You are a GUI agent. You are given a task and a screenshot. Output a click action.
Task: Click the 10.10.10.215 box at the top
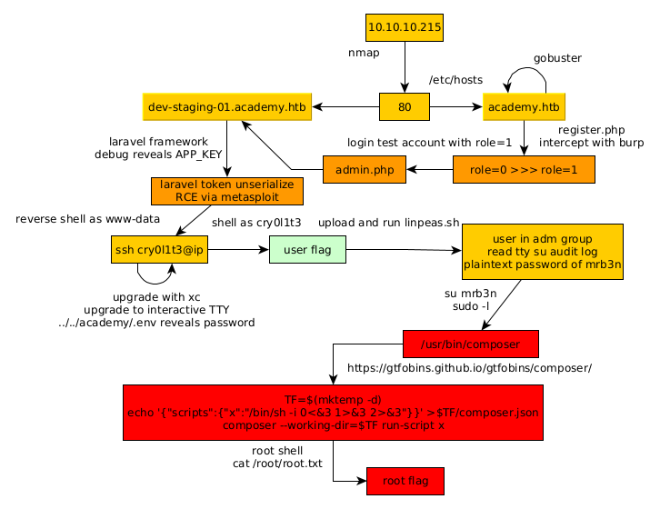405,28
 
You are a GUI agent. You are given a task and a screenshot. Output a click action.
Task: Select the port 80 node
405,107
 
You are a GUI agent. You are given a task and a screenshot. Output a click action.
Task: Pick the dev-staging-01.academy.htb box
227,107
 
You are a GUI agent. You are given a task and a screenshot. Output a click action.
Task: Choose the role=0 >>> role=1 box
524,170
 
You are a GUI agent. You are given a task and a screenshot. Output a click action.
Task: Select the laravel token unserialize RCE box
226,191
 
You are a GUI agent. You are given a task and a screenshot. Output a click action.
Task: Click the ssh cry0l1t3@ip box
160,249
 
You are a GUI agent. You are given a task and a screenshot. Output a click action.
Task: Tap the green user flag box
307,249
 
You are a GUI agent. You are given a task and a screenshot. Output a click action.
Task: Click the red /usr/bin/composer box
471,344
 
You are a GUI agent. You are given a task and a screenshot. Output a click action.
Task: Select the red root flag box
405,481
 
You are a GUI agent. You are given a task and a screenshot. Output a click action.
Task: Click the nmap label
364,53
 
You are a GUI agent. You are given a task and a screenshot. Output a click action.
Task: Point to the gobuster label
557,58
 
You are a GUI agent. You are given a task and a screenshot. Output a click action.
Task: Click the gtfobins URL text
470,368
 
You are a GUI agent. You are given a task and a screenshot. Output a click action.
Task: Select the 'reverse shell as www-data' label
88,219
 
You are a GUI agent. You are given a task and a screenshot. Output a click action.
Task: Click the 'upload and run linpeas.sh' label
389,223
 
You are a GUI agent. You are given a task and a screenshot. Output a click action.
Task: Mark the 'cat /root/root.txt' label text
277,464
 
